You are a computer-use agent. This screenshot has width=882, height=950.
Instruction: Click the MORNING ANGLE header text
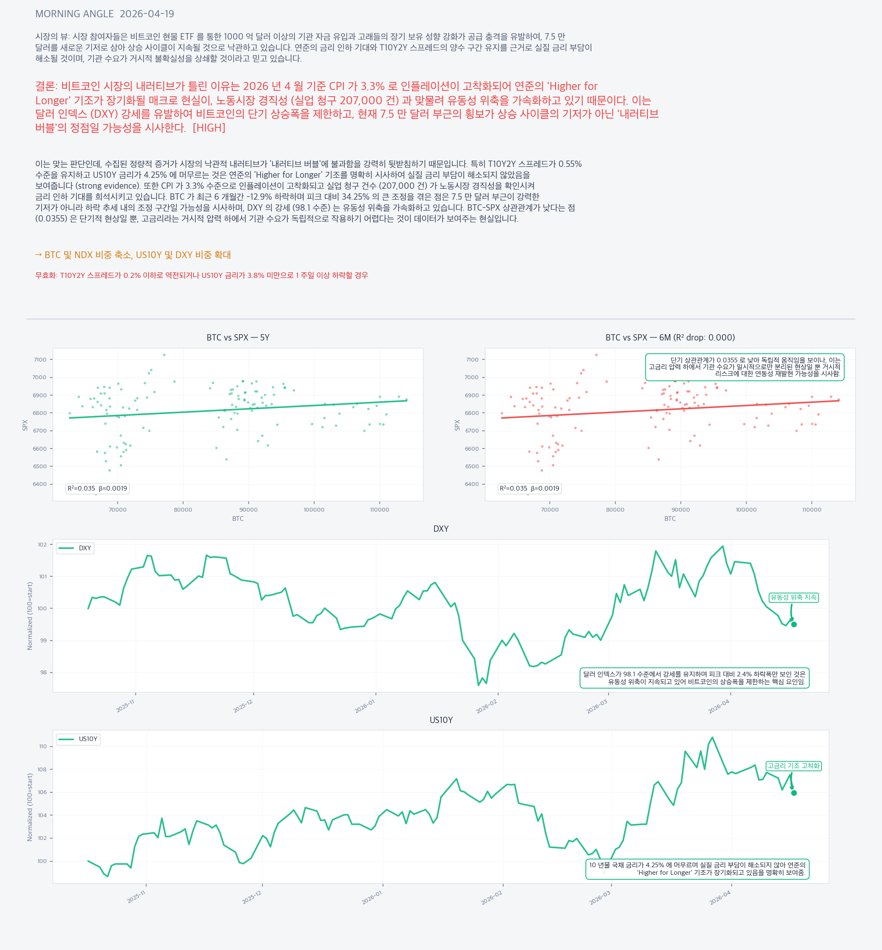tap(74, 14)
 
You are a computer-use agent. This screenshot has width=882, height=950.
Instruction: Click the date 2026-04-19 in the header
tap(147, 14)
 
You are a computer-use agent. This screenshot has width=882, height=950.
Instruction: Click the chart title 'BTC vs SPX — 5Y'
tap(238, 338)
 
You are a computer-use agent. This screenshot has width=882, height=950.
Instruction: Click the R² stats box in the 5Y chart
tap(97, 488)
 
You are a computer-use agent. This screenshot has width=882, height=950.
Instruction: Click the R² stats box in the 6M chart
tap(529, 488)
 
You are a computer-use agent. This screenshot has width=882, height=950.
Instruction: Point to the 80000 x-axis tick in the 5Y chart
tap(183, 509)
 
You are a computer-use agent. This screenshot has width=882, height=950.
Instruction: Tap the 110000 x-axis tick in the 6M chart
tap(811, 509)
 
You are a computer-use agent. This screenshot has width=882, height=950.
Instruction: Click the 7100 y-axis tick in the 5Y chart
tap(40, 360)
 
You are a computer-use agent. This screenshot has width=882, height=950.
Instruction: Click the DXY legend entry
tap(76, 548)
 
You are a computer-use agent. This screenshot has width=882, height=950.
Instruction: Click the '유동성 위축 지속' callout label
tap(793, 597)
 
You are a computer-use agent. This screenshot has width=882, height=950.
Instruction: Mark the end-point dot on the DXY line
tap(794, 624)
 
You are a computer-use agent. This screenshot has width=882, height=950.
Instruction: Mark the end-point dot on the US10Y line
tap(794, 793)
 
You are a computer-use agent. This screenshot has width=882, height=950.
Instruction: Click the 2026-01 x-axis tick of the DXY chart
tap(365, 706)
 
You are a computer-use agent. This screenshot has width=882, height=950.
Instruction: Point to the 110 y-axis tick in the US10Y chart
tap(43, 747)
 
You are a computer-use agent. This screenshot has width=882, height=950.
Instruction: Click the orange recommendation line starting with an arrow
tap(133, 255)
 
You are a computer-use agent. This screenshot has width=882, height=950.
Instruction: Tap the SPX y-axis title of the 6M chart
tap(457, 425)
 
